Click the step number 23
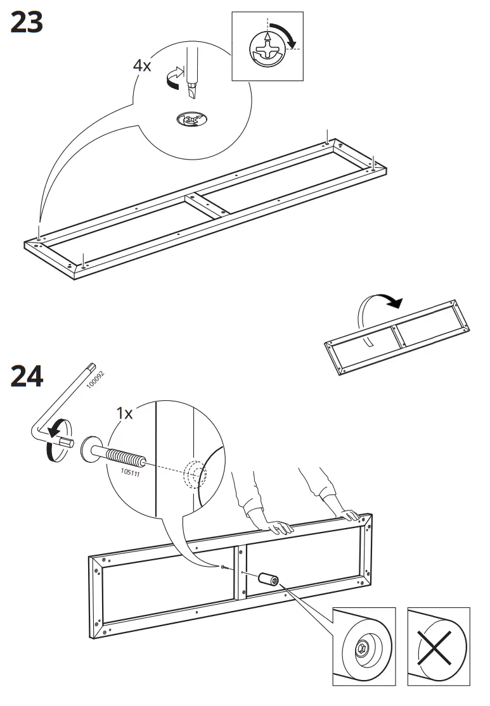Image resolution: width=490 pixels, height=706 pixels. [27, 23]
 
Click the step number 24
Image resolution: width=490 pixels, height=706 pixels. [27, 376]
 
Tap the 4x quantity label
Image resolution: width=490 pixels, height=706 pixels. [141, 66]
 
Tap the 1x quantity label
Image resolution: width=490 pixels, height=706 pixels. [124, 413]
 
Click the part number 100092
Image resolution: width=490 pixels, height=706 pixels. [95, 379]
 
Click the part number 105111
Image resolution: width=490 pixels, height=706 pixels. [131, 473]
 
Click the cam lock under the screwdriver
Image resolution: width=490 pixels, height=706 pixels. [191, 119]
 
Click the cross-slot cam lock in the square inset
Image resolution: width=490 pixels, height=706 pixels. [267, 49]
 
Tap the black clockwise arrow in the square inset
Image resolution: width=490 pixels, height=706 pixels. [285, 34]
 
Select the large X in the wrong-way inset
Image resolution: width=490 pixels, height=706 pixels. [435, 648]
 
